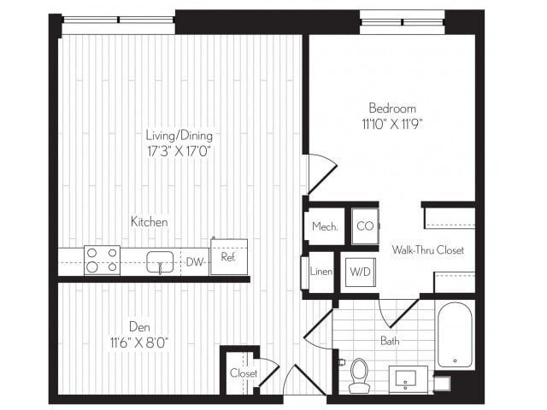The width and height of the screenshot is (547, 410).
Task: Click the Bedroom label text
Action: coord(392,108)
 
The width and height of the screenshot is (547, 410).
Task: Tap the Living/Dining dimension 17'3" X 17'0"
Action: coord(179,150)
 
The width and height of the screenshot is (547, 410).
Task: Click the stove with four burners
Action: coord(102,260)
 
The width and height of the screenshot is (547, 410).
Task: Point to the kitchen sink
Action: coord(160,261)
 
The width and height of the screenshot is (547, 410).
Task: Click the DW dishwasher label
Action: coord(194,262)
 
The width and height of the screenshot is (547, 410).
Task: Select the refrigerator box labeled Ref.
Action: coord(228,257)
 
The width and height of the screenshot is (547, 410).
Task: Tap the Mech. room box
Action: coord(325,227)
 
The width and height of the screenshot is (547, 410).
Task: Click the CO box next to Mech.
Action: coord(365,226)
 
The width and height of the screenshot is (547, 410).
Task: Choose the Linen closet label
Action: coord(322,272)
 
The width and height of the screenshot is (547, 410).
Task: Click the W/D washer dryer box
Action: coord(360,272)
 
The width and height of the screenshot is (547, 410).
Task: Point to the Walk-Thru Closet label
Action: coord(427,250)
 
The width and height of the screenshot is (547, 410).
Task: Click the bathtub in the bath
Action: coord(454,334)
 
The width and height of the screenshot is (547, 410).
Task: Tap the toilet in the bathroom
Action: coord(359,374)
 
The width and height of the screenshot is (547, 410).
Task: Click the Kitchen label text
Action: coord(149,222)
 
